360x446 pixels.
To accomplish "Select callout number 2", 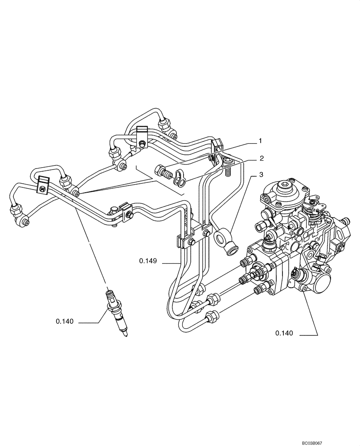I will tap(262, 158).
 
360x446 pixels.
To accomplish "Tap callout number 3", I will tap(262, 174).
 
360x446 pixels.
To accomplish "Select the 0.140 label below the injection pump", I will tap(283, 333).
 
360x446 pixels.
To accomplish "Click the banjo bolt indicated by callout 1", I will tap(164, 171).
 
